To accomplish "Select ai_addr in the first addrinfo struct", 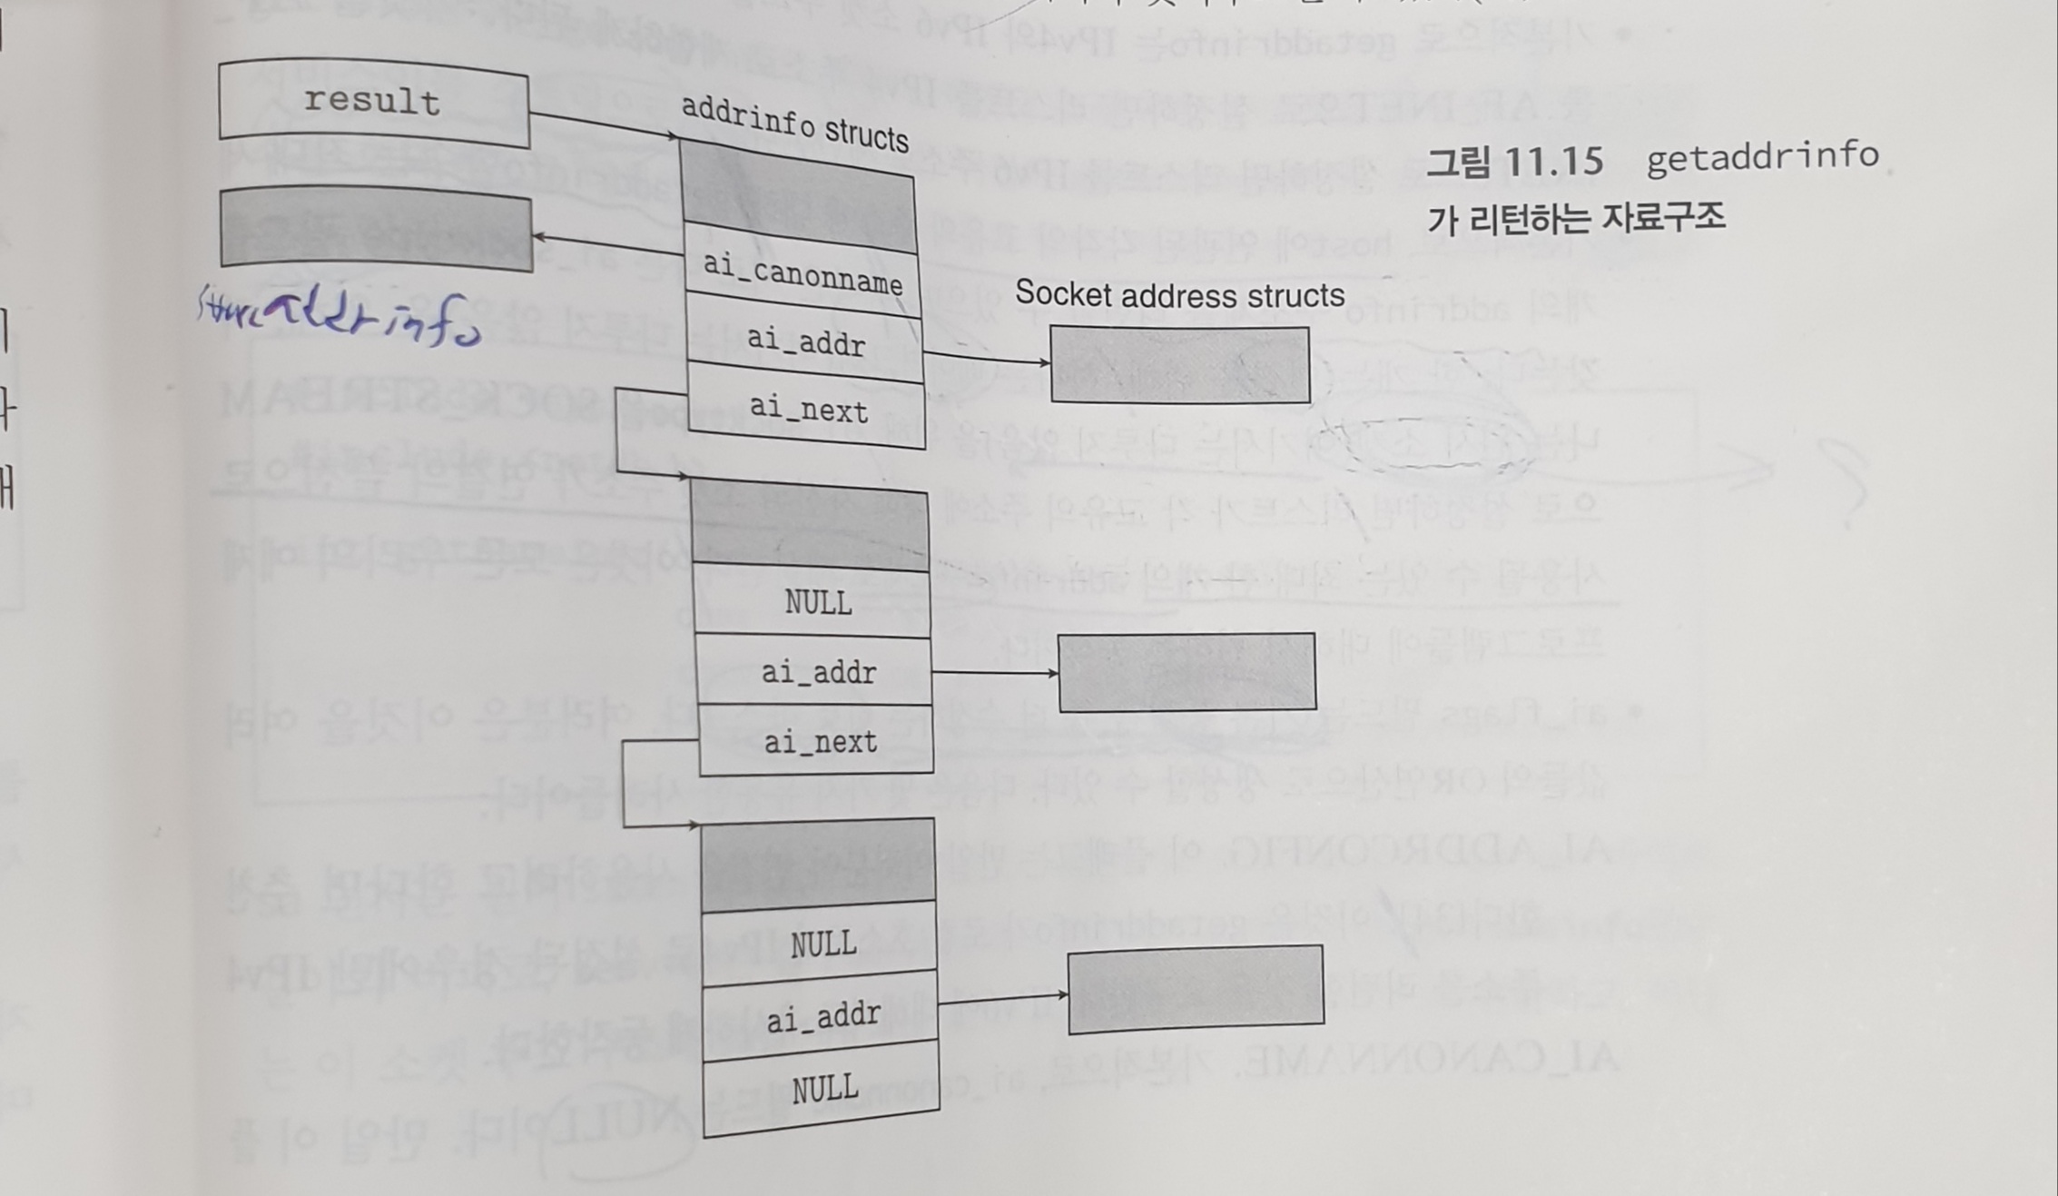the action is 805,341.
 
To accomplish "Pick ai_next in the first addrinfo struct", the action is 808,410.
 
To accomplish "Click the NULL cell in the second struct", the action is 817,602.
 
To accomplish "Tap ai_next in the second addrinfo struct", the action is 819,742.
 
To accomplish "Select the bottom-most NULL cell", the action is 824,1087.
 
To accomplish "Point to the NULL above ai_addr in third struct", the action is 822,944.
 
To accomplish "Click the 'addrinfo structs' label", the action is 794,124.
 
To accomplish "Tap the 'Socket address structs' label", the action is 1179,294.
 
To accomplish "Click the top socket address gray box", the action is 1179,364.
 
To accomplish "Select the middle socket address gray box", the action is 1187,672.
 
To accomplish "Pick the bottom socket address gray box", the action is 1196,989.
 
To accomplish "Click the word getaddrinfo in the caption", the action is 1762,156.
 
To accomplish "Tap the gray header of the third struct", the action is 818,864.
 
